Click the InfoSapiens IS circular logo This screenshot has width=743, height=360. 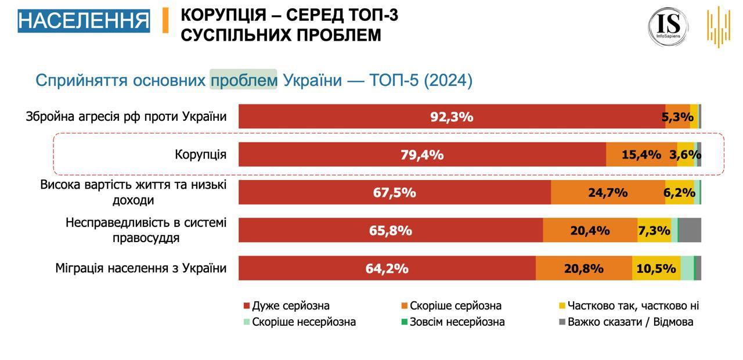coord(668,26)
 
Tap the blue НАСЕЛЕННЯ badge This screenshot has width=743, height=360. coord(84,20)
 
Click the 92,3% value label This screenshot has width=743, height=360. coord(452,117)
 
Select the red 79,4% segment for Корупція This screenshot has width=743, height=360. coord(422,155)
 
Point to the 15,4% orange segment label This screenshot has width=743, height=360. coord(641,155)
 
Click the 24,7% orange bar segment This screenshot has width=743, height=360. coord(607,193)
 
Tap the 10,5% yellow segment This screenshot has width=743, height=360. coord(656,269)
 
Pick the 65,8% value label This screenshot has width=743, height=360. coord(391,231)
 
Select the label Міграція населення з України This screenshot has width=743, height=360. coord(141,268)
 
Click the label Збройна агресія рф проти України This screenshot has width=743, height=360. coord(126,116)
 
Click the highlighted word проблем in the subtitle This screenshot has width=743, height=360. coord(244,80)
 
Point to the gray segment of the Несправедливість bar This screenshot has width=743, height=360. coord(690,231)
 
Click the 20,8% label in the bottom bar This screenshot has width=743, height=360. coord(583,269)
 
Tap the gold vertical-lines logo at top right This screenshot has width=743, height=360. coord(718,26)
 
